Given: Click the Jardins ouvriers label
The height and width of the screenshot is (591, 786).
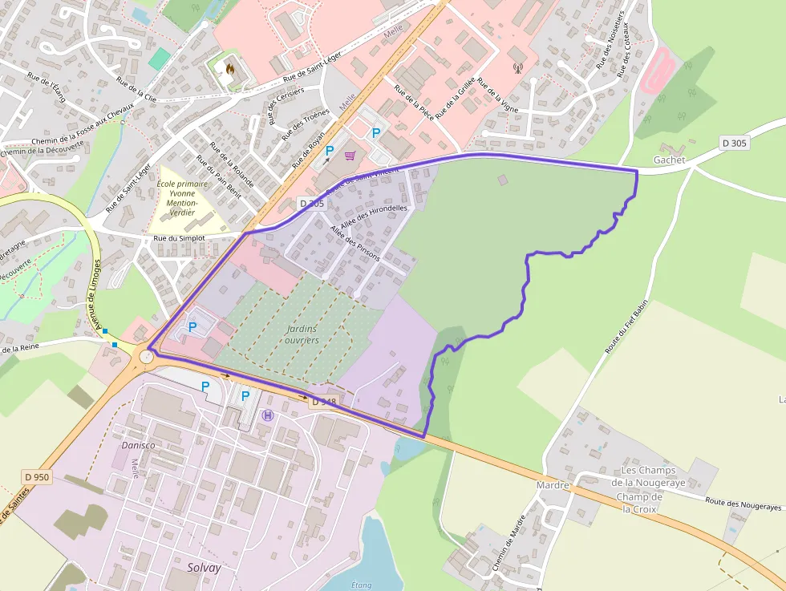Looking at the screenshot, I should [302, 334].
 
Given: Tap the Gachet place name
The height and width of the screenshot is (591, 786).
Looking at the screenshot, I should [669, 160].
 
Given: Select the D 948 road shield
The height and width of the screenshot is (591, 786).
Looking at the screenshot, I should [323, 401].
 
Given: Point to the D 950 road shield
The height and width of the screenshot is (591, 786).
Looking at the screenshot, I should [37, 477].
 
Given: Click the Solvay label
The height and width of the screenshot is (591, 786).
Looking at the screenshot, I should [204, 567].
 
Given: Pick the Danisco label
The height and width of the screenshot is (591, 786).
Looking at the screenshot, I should [137, 445].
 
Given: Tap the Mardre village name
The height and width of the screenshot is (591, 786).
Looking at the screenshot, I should [553, 485].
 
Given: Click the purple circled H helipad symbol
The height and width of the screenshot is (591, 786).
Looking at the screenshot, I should [268, 415].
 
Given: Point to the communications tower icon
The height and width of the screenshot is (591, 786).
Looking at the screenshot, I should [517, 68].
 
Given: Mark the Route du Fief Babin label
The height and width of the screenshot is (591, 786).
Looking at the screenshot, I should [626, 329].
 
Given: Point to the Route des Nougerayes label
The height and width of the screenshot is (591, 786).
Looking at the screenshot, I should [743, 504].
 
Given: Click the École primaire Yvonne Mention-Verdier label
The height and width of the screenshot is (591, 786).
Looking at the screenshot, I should [183, 198].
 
